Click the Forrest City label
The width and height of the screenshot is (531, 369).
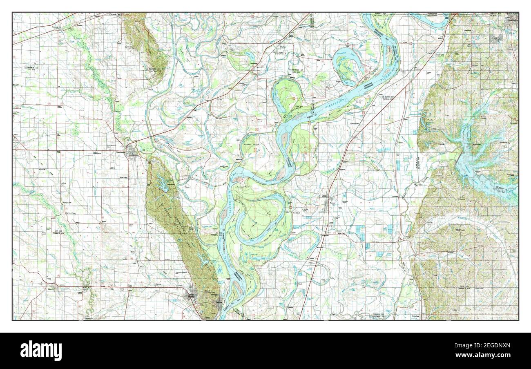point(115,15)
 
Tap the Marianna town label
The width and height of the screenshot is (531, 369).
point(121,152)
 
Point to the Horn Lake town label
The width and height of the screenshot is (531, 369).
point(497,40)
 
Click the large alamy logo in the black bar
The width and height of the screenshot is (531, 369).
point(41,350)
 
